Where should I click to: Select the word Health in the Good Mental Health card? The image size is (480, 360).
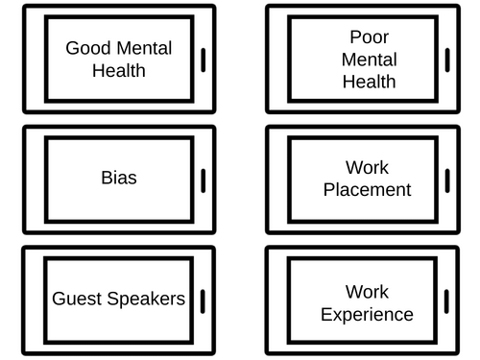tap(118, 70)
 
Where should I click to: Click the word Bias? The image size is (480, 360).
tap(118, 179)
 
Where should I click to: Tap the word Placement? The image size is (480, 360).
tap(366, 190)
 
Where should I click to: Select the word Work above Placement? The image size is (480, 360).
tap(366, 168)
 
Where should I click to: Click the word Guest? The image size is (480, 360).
tap(76, 299)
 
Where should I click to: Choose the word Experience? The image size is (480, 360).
tap(366, 315)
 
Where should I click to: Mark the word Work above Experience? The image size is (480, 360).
tap(366, 292)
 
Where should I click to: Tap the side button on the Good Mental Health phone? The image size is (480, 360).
tap(204, 60)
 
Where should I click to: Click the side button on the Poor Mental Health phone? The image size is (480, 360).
tap(448, 60)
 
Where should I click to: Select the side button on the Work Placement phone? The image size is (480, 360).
tap(448, 180)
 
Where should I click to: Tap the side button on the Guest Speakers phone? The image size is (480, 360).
tap(204, 300)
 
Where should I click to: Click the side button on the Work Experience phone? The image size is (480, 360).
tap(448, 300)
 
